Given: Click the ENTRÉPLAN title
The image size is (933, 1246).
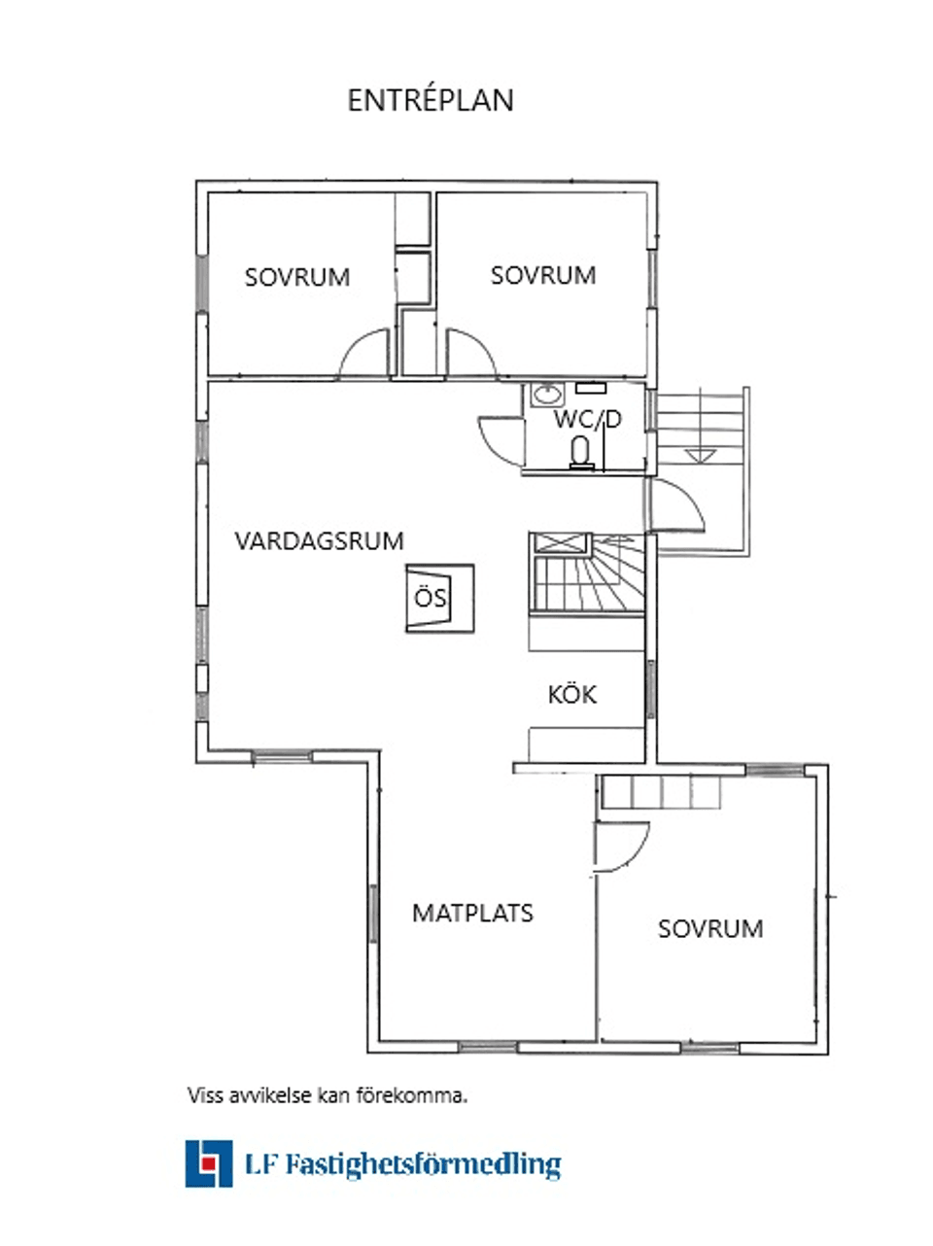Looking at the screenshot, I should [x=431, y=100].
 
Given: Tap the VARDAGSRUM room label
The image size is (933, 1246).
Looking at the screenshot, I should [x=319, y=541].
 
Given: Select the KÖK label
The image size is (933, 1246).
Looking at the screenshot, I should [x=571, y=695].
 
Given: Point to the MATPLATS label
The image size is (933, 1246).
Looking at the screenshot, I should [x=472, y=914].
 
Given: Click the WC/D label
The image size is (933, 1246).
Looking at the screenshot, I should [x=587, y=420].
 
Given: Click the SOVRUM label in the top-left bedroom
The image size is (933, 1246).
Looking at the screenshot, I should [x=296, y=277].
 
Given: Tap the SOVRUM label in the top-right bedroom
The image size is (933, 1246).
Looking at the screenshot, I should [x=542, y=275].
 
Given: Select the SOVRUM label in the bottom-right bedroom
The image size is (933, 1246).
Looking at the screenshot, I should [x=710, y=929].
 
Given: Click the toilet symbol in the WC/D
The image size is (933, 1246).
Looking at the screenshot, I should [x=581, y=451].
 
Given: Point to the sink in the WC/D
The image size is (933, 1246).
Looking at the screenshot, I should [x=548, y=395].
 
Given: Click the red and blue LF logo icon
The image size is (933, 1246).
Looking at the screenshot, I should [x=209, y=1163].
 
